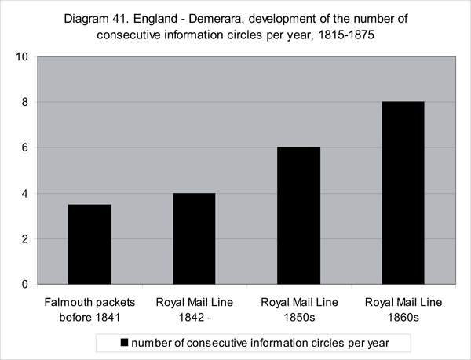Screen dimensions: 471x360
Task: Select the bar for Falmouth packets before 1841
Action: point(89,244)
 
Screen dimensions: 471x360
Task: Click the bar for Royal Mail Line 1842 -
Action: point(194,238)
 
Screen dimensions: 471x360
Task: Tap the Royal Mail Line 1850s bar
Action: point(298,216)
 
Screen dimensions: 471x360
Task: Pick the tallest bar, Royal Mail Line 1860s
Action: point(403,193)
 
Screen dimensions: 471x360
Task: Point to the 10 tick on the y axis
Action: point(22,56)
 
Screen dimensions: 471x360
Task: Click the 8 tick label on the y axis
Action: point(24,102)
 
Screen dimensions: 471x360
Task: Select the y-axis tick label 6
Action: point(24,147)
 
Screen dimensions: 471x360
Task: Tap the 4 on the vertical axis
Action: point(24,194)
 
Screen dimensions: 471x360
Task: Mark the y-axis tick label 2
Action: point(24,239)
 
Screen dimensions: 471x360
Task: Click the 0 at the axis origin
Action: point(24,285)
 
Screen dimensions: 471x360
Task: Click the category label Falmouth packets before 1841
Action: point(89,310)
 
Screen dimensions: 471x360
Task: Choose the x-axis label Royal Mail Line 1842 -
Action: point(195,310)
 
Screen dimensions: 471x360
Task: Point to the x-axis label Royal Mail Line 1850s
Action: point(299,310)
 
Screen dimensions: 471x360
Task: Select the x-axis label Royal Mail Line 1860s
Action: point(403,310)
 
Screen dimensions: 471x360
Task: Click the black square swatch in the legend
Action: point(124,343)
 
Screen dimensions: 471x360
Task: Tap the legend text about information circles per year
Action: point(260,343)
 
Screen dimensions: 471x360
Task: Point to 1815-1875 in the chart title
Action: point(346,35)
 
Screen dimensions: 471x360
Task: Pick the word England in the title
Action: point(155,19)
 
